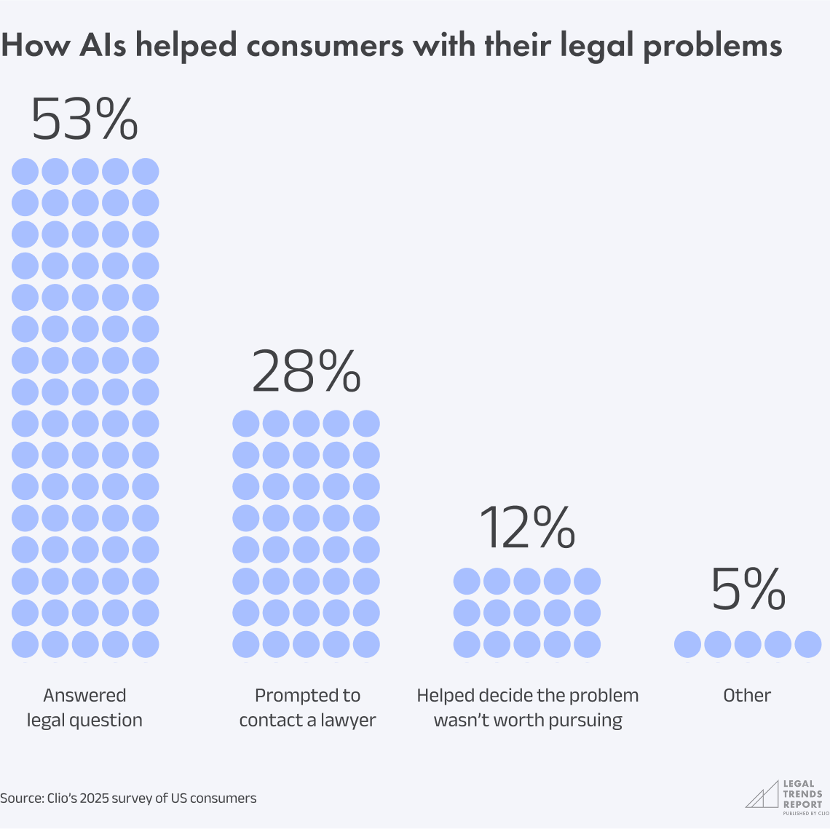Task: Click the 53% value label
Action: coord(84,119)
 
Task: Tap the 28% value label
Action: coord(306,371)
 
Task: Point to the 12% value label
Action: coord(527,528)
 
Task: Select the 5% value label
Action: coord(748,590)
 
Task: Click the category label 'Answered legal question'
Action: coord(84,707)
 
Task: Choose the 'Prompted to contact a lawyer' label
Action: coord(307,707)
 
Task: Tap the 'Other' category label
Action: coord(747,696)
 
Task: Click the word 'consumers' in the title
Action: coord(324,46)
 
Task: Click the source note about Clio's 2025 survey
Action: coord(128,798)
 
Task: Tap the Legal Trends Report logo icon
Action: coord(762,795)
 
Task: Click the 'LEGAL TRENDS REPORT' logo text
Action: coord(802,794)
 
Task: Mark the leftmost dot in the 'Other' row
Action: coord(687,644)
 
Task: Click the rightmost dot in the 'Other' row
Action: coord(808,644)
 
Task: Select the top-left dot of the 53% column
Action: coord(25,172)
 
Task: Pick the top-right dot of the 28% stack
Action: coord(366,424)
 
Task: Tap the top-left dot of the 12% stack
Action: coord(467,582)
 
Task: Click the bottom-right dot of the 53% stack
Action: coord(146,644)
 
